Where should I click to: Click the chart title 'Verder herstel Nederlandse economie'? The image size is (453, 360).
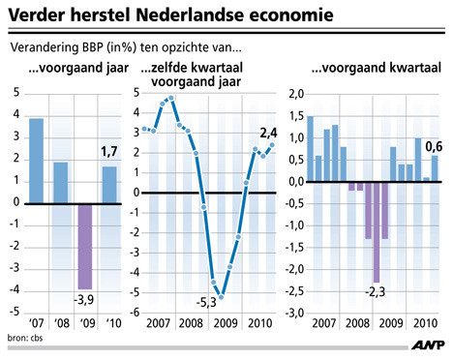click(x=170, y=17)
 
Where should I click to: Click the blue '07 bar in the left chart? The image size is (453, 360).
click(x=37, y=161)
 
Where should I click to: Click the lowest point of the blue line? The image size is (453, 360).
click(x=222, y=297)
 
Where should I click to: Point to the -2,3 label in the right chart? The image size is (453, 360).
click(x=376, y=290)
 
